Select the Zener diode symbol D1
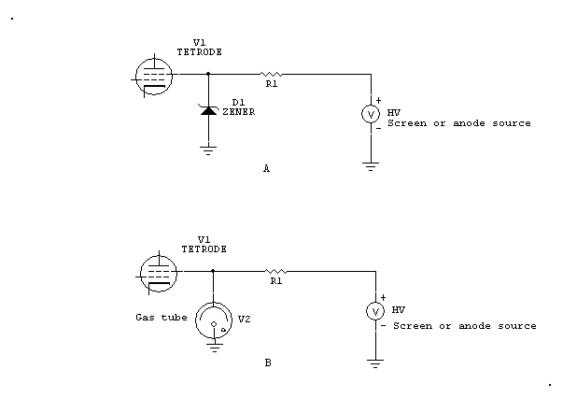pyautogui.click(x=208, y=110)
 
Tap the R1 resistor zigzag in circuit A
pyautogui.click(x=271, y=75)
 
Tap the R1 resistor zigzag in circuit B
pyautogui.click(x=275, y=271)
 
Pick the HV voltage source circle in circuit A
pyautogui.click(x=371, y=114)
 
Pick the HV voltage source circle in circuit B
pyautogui.click(x=375, y=311)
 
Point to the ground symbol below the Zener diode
pyautogui.click(x=208, y=150)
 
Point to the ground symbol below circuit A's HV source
pyautogui.click(x=371, y=166)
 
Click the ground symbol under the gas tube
pyautogui.click(x=215, y=348)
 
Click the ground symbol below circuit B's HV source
pyautogui.click(x=375, y=363)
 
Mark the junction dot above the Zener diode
pyautogui.click(x=208, y=74)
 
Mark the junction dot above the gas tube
pyautogui.click(x=213, y=271)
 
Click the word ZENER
pyautogui.click(x=239, y=112)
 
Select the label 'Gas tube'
pyautogui.click(x=162, y=318)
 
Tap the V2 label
pyautogui.click(x=245, y=319)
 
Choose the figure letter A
pyautogui.click(x=266, y=168)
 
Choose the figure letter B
pyautogui.click(x=268, y=362)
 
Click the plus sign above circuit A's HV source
pyautogui.click(x=378, y=101)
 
